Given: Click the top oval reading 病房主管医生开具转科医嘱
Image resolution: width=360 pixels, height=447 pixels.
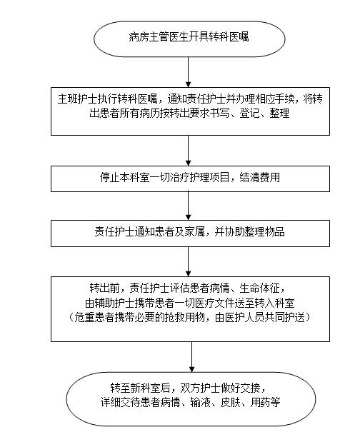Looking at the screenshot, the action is [x=189, y=39].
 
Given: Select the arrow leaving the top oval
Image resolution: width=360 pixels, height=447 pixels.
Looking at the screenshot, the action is [x=189, y=72].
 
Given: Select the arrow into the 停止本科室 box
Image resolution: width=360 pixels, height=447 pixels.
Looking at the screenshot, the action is [x=189, y=150].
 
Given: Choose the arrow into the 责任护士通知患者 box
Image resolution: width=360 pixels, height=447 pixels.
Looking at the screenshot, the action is [x=189, y=206].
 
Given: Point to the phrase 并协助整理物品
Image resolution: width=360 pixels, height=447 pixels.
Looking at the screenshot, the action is [x=249, y=231].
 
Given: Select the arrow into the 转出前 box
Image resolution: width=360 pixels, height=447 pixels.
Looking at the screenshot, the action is [x=189, y=261].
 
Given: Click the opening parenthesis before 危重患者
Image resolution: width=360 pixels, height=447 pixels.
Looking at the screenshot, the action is [x=71, y=317].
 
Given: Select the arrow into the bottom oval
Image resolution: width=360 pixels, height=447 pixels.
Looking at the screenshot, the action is [x=191, y=356].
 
